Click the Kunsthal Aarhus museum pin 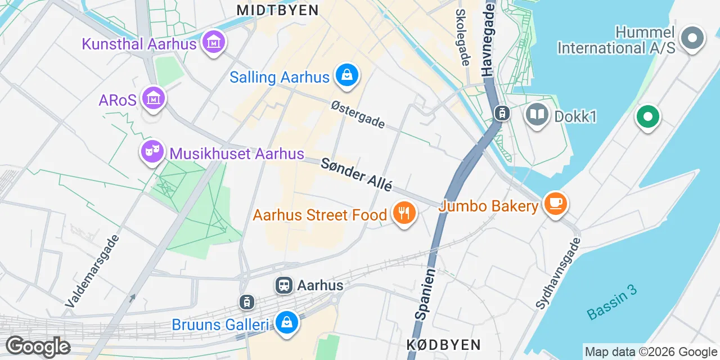click(x=214, y=43)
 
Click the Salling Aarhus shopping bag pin click(x=347, y=75)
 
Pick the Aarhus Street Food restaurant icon click(x=403, y=214)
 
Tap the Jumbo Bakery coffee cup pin click(x=556, y=204)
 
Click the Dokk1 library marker click(x=537, y=115)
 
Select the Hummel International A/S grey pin click(x=692, y=39)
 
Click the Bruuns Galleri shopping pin click(x=287, y=323)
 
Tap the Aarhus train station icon click(x=284, y=285)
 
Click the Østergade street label click(x=358, y=114)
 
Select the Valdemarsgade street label click(x=92, y=271)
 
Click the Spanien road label click(x=425, y=294)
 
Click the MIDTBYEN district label click(x=277, y=10)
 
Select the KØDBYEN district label click(x=444, y=344)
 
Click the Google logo click(x=38, y=346)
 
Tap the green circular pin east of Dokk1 click(x=647, y=118)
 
